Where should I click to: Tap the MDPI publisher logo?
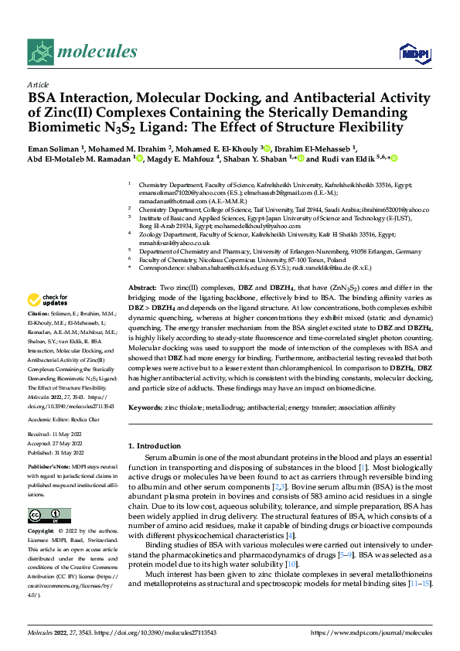click(x=413, y=53)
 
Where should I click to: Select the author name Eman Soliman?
click(x=55, y=148)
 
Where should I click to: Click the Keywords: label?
click(x=148, y=406)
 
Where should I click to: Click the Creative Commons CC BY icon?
click(x=49, y=516)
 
